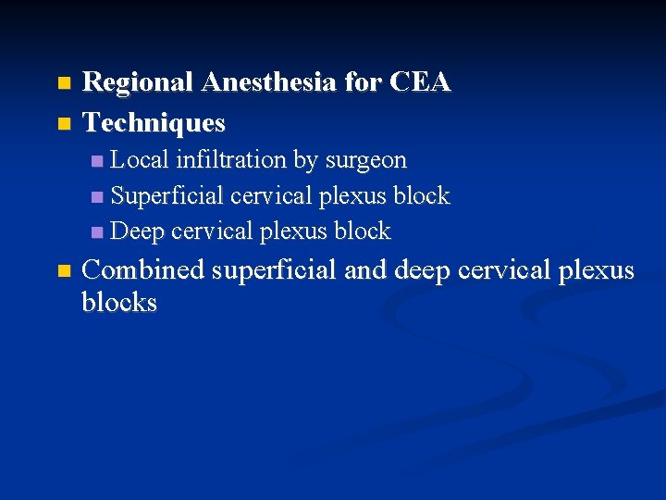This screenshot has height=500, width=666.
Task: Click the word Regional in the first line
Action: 138,82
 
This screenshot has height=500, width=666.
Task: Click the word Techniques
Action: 154,122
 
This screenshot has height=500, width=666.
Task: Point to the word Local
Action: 140,159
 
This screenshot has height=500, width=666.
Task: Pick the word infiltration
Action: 231,159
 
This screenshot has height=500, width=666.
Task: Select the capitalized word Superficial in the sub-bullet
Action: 167,195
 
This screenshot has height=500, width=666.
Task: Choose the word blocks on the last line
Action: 118,303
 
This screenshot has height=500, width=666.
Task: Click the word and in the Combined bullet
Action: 368,270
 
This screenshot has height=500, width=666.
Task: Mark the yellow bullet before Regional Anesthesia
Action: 63,83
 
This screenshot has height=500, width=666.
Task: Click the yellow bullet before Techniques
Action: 63,123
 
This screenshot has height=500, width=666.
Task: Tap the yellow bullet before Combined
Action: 63,271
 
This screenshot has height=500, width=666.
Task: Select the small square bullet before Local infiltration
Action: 98,161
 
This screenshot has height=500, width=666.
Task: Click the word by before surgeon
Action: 305,161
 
